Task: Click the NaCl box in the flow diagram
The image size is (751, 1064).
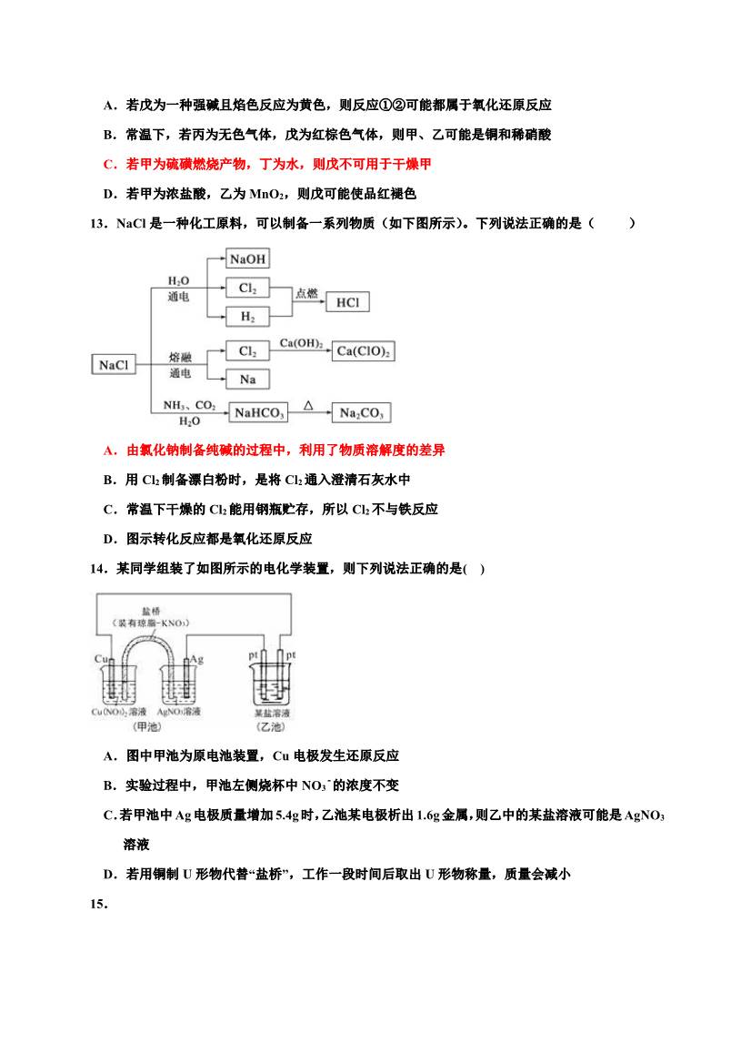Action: coord(114,365)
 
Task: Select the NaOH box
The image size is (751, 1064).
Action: coord(247,259)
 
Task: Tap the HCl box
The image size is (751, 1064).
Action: coord(347,302)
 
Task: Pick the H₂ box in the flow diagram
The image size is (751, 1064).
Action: coord(247,317)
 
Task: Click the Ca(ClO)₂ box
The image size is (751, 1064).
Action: coord(364,351)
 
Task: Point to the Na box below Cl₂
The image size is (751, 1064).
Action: coord(247,379)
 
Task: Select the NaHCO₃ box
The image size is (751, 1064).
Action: coord(260,413)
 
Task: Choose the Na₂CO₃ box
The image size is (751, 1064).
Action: coord(361,413)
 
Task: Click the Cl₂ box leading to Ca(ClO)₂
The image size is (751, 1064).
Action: coord(247,351)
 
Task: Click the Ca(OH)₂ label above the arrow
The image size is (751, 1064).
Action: coord(301,342)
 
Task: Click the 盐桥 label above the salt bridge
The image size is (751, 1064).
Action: coord(151,611)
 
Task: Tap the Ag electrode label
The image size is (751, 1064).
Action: coord(196,658)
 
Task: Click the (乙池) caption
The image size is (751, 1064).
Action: coord(271,727)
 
